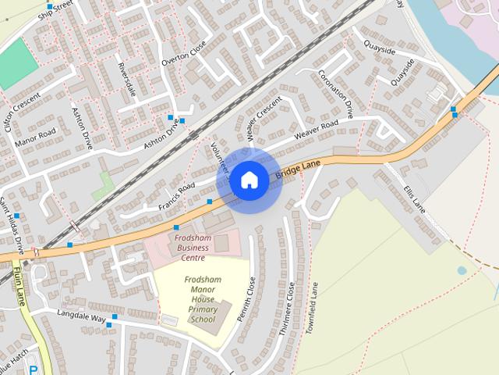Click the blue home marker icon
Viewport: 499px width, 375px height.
click(249, 180)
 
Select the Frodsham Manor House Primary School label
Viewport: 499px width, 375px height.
click(202, 299)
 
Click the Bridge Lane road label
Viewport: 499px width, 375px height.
click(299, 166)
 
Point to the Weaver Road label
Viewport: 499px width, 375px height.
click(316, 130)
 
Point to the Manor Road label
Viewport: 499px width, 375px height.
click(36, 135)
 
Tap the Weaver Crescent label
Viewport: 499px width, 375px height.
click(263, 120)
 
